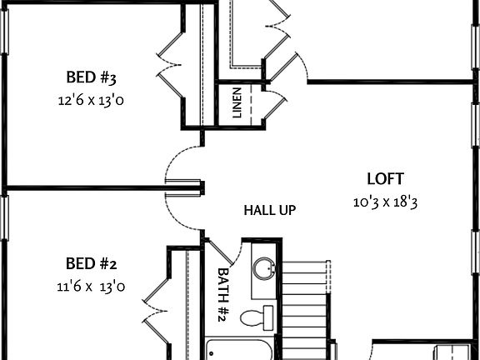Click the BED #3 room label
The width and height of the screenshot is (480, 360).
click(91, 78)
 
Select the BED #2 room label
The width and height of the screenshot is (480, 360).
click(91, 265)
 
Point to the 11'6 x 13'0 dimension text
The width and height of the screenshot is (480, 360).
click(91, 287)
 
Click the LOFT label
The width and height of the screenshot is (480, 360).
click(385, 178)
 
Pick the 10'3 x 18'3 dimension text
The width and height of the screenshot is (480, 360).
click(386, 202)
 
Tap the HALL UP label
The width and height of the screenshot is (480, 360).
click(269, 210)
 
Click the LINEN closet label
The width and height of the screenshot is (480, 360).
click(237, 103)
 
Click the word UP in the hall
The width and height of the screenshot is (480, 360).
click(286, 210)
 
